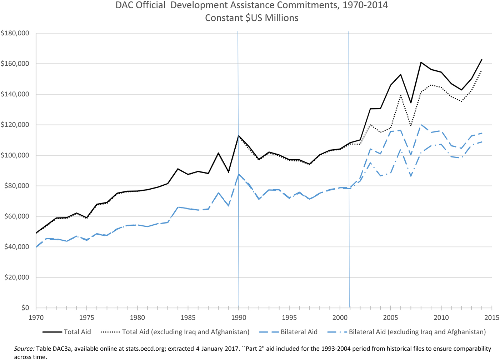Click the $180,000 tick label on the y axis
(15, 33)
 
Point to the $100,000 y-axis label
(15, 155)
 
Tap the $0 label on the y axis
(25, 308)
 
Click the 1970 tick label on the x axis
(36, 317)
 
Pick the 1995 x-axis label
(289, 317)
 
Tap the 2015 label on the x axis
(492, 317)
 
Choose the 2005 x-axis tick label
(390, 317)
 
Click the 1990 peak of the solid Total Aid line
(239, 136)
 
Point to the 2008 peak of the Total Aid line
(421, 62)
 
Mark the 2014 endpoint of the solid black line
(482, 59)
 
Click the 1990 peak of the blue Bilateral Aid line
(239, 174)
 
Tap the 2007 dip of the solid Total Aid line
(411, 103)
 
